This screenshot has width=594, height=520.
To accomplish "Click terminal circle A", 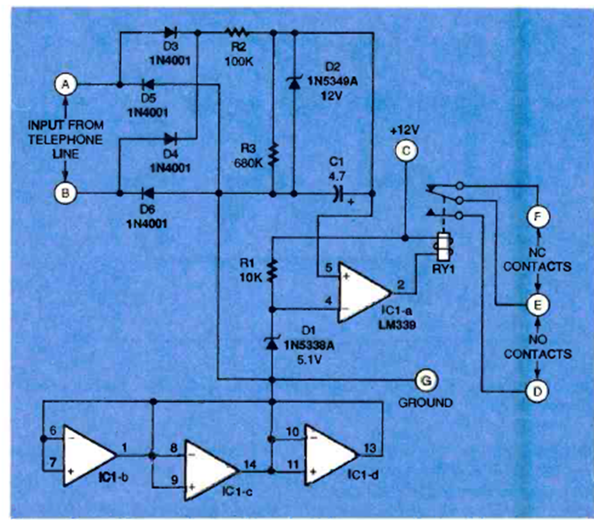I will click(67, 85).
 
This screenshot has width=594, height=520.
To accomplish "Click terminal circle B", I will click(67, 190).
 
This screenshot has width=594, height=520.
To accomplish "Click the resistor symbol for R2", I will click(236, 33).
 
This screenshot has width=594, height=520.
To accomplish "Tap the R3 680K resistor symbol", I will click(274, 155).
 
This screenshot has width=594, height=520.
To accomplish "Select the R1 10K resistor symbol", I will click(273, 271).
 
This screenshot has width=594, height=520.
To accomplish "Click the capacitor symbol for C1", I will click(338, 190).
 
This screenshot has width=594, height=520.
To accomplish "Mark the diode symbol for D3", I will click(170, 33).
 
